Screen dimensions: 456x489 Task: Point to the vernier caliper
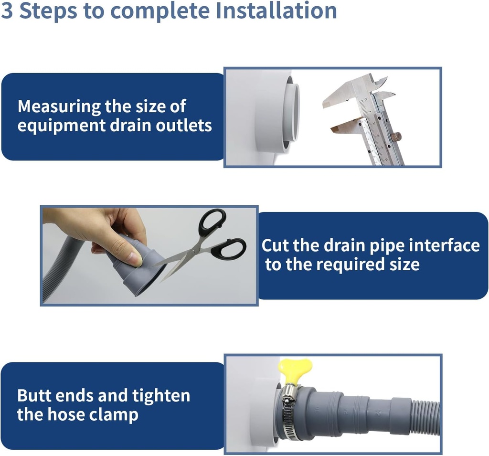[x=372, y=119]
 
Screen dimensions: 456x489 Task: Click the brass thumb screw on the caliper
[x=395, y=137]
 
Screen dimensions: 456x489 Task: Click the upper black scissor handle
[x=212, y=222]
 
